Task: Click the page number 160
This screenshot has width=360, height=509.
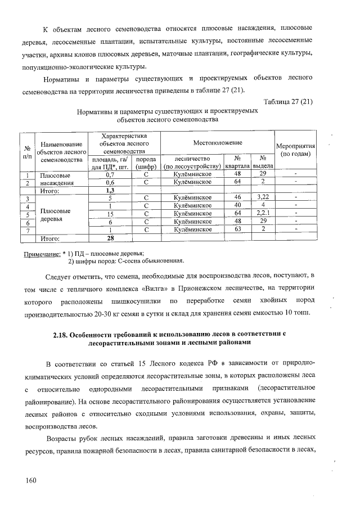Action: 30,480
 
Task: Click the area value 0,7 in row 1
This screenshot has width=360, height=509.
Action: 110,174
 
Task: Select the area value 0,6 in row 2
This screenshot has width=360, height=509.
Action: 110,182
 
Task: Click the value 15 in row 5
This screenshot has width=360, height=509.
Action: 111,214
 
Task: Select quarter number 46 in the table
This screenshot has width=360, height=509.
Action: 237,198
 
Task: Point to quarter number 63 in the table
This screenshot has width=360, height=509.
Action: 237,229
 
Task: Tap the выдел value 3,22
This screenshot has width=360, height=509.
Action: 263,198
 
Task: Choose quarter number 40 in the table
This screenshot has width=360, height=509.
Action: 237,206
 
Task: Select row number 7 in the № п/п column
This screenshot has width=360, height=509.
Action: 26,231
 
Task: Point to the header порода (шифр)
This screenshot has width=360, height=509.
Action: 146,163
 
